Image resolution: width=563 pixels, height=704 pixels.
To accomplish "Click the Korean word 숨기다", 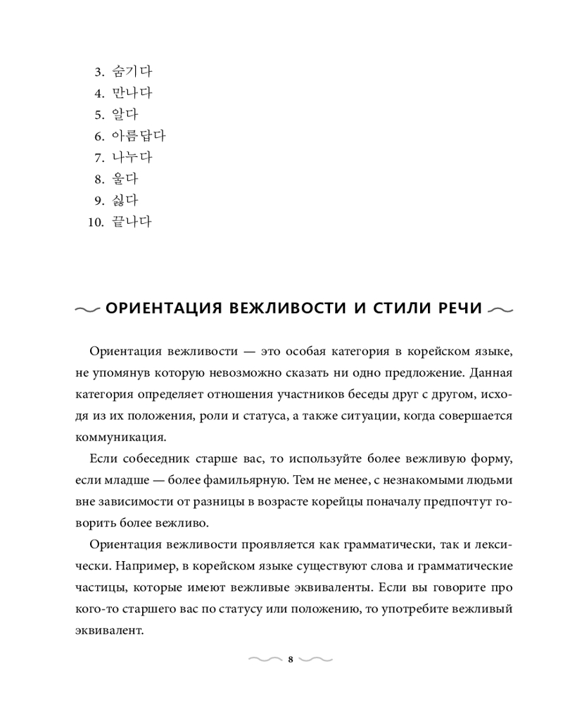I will coord(132,71).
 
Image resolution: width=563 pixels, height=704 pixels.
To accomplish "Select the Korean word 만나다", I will coord(132,93).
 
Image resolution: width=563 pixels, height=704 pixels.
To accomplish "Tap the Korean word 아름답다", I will coord(139,136).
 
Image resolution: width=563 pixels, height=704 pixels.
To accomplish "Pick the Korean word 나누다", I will coord(132,158).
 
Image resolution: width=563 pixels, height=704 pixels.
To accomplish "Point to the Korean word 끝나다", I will coord(132,222).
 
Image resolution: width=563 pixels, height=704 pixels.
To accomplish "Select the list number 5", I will coord(99,115).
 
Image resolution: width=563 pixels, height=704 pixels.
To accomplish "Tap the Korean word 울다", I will coord(125,180).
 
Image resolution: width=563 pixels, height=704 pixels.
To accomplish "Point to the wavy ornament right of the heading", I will coord(499,310).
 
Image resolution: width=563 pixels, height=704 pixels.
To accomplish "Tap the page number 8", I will coord(291,660).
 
